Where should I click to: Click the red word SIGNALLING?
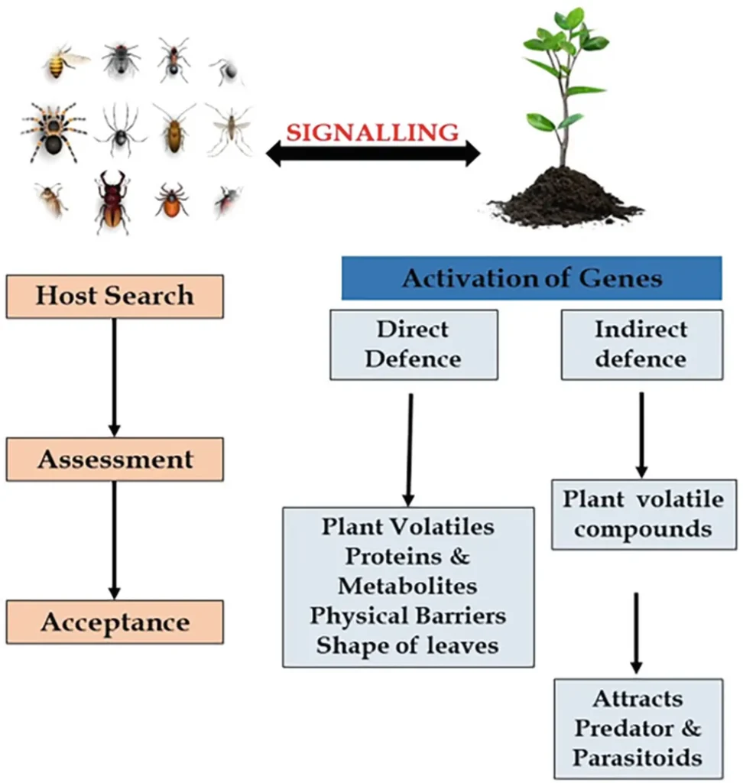point(373,132)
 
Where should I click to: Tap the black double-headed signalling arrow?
point(373,155)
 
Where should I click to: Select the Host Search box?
point(115,296)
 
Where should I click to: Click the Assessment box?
point(115,460)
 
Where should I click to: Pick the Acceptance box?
point(115,622)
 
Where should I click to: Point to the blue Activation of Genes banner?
point(531,278)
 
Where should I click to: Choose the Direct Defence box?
point(414,345)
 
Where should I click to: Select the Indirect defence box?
point(641,345)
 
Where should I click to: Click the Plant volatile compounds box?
point(644,515)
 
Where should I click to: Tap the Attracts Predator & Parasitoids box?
point(637,728)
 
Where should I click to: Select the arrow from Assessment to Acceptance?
point(114,540)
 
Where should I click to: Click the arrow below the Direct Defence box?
point(410,448)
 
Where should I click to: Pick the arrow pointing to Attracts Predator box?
point(637,631)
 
